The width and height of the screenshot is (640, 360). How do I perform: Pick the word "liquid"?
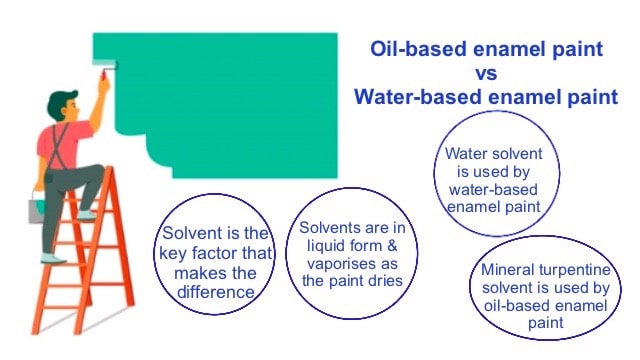pyautogui.click(x=321, y=246)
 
